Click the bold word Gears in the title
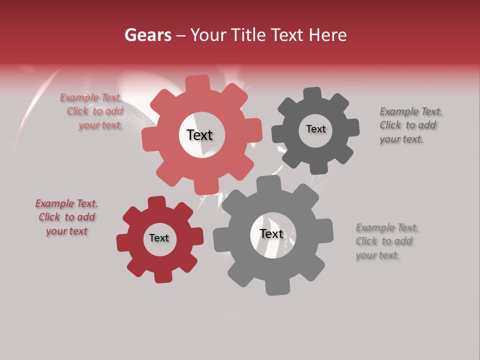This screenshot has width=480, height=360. (x=148, y=35)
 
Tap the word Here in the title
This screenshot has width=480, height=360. (x=327, y=35)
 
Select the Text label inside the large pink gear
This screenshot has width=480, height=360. (x=199, y=135)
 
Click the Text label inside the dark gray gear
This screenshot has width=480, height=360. (x=315, y=129)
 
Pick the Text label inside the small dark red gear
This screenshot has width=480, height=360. (x=159, y=238)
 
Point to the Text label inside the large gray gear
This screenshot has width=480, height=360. (x=271, y=234)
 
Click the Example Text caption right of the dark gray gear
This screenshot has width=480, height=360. (x=410, y=125)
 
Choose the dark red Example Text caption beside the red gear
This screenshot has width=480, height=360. (x=66, y=217)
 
